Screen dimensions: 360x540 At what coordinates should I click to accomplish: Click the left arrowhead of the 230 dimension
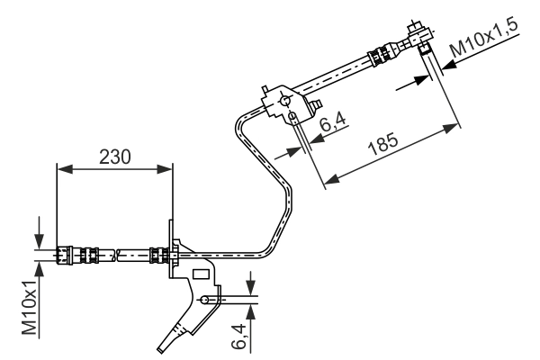click(61, 167)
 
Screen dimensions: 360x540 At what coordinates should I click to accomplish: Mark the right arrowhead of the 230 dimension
click(166, 167)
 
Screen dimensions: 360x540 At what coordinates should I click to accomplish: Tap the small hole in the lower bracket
click(207, 300)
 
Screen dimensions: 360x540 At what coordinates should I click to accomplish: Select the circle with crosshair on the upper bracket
click(286, 94)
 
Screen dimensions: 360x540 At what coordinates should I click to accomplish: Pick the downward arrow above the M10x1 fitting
click(40, 236)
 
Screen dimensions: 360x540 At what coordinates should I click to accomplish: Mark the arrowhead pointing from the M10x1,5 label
click(423, 80)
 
